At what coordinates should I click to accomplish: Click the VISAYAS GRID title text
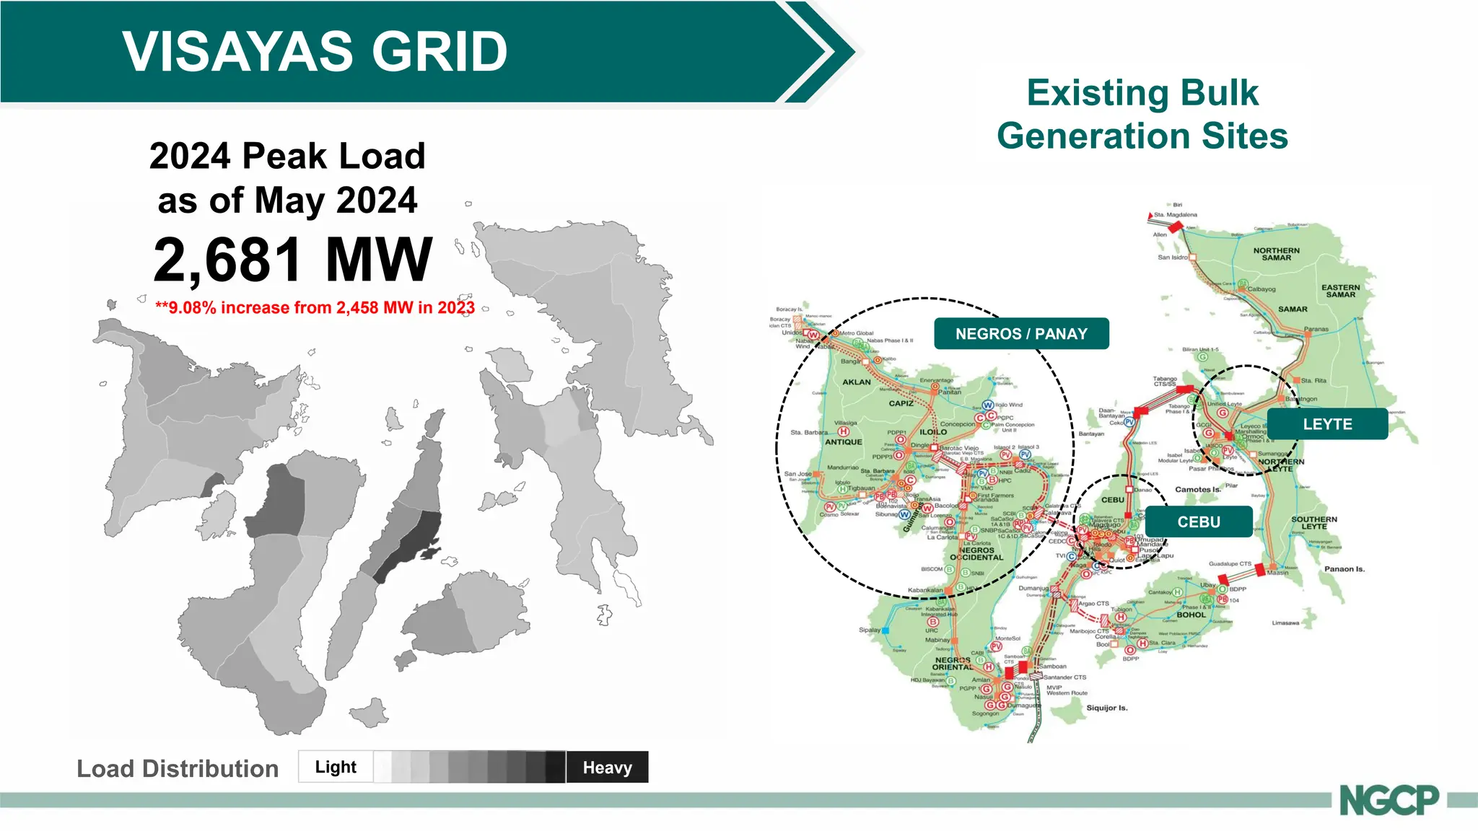[315, 52]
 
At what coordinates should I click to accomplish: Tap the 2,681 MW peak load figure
[292, 260]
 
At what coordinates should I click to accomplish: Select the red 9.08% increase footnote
[315, 308]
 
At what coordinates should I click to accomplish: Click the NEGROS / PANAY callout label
[1020, 334]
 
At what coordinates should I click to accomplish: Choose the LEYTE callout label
[1326, 424]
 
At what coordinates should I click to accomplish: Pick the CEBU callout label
[1198, 522]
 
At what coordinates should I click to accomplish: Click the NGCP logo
[1389, 800]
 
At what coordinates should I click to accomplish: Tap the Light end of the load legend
[336, 767]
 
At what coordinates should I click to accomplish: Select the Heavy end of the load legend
[607, 768]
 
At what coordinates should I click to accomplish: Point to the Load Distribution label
[178, 769]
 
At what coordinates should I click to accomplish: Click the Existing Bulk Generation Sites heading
[1142, 115]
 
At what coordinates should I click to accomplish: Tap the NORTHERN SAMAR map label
[1276, 254]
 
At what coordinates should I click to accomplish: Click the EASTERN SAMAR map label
[1340, 291]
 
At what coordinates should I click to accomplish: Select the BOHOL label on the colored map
[1191, 615]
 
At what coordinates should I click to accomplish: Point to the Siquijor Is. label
[1106, 708]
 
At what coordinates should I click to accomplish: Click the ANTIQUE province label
[843, 442]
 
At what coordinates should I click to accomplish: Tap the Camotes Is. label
[1197, 489]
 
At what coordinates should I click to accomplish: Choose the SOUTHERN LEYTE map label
[1313, 522]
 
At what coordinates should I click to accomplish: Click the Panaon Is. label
[1344, 569]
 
